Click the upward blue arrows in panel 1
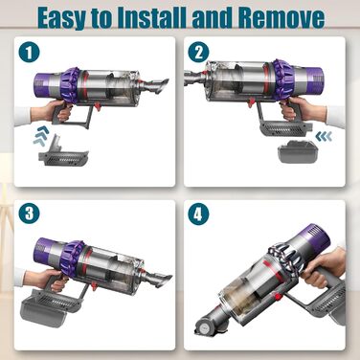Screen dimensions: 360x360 click(x=43, y=139)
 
